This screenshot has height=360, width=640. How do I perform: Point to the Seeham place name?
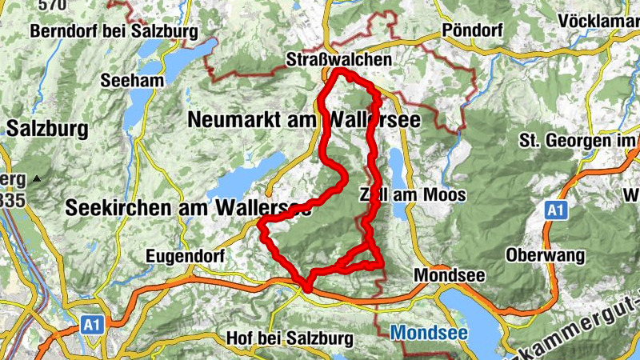pyautogui.click(x=132, y=80)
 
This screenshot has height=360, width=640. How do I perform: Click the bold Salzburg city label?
pyautogui.click(x=38, y=128)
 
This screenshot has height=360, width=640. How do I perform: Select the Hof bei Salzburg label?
pyautogui.click(x=290, y=338)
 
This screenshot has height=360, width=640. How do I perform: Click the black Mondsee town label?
pyautogui.click(x=450, y=274)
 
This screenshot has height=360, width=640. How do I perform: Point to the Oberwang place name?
pyautogui.click(x=546, y=256)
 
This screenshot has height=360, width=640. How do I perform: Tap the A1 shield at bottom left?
pyautogui.click(x=91, y=326)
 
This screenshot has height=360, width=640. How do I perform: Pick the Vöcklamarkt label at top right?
pyautogui.click(x=599, y=20)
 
